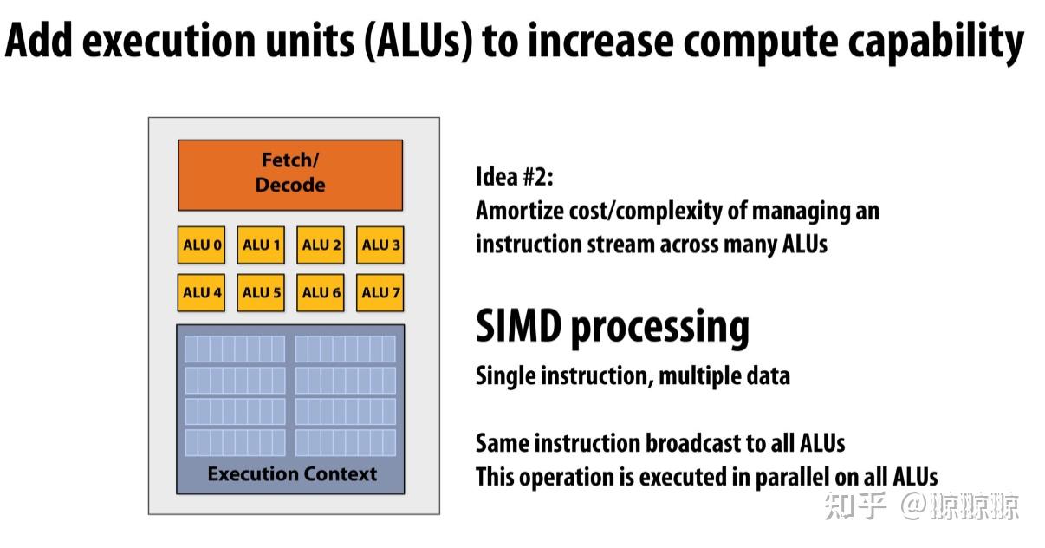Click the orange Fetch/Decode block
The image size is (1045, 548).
(290, 174)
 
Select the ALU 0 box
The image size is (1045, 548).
(202, 245)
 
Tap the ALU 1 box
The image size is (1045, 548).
(262, 245)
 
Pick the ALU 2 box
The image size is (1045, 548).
(321, 245)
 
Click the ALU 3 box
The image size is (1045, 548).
(380, 245)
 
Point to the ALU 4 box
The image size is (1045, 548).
(202, 293)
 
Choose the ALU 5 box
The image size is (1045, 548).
(262, 293)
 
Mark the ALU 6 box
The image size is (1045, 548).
(321, 293)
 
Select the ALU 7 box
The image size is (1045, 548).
(380, 293)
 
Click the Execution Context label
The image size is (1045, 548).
(292, 474)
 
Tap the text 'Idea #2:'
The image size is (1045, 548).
(514, 178)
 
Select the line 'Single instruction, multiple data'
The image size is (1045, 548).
(633, 375)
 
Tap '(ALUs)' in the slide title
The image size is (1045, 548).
(418, 42)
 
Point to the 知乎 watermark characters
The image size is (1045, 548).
(855, 505)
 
